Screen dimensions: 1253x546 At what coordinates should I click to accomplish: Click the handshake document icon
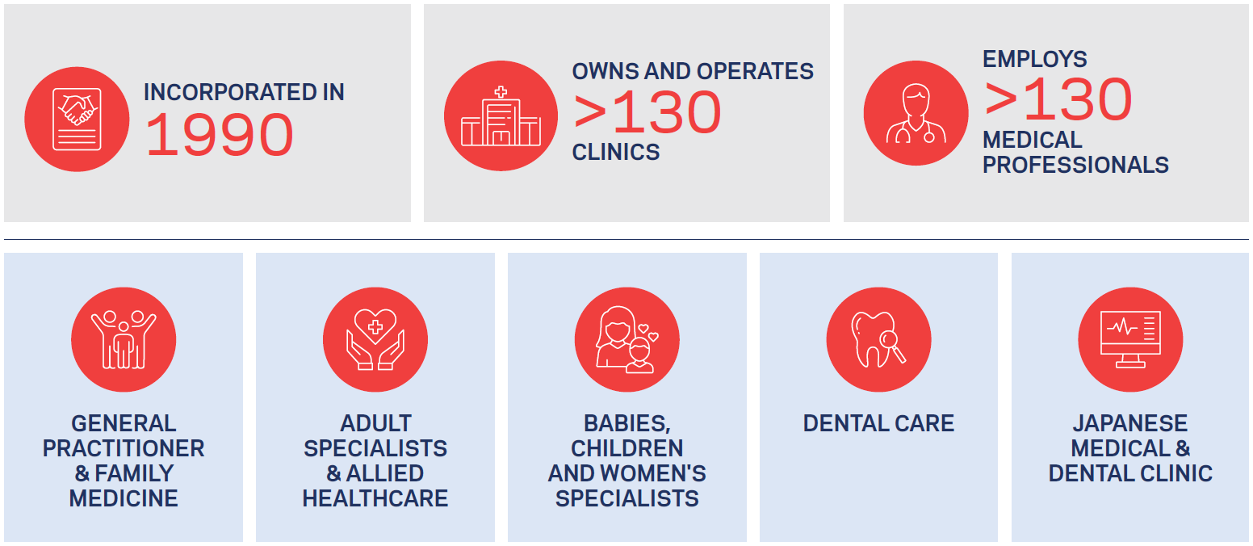point(77,120)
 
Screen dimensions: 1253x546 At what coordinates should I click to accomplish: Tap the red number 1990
point(220,135)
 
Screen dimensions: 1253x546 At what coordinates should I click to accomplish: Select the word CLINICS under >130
point(616,152)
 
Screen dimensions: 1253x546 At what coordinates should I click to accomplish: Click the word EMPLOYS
point(1035,59)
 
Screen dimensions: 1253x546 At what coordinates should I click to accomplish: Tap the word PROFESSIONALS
point(1075,165)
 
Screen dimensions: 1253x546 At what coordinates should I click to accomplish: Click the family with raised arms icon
point(124,339)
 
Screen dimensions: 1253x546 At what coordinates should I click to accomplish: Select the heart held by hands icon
point(375,339)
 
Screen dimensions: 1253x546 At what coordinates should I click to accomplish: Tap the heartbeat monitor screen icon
point(1130,339)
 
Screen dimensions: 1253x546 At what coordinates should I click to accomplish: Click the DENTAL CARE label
point(878,423)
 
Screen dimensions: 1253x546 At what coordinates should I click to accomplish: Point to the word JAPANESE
point(1130,423)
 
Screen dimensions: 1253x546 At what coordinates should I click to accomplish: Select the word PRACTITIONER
point(124,448)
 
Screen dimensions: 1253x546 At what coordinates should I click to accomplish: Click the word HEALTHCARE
point(375,498)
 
